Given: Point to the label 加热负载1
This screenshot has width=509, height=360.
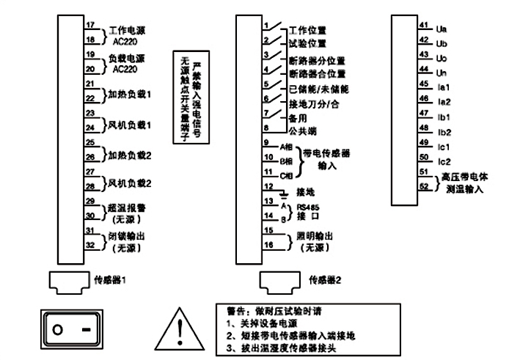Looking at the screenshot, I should point(131,95).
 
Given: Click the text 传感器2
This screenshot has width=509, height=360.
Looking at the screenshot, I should point(326,280).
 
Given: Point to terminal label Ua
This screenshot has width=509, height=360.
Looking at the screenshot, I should point(442,29).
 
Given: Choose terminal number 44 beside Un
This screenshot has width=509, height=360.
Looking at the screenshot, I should point(424,70).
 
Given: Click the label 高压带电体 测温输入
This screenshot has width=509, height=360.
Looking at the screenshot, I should point(464,182).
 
